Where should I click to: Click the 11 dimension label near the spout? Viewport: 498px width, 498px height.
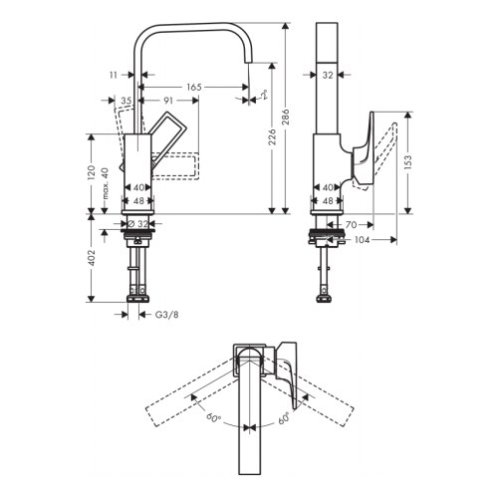tap(115, 74)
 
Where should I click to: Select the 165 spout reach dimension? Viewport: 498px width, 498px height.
tap(193, 88)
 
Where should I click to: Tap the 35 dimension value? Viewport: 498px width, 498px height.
tap(126, 101)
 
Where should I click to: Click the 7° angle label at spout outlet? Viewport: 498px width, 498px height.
tap(264, 95)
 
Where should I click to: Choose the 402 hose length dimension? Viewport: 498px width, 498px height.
tap(92, 261)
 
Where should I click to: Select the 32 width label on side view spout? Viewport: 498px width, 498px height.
tap(327, 74)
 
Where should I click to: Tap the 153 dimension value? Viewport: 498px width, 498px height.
tap(409, 163)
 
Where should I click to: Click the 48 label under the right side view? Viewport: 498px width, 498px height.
tap(327, 200)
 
